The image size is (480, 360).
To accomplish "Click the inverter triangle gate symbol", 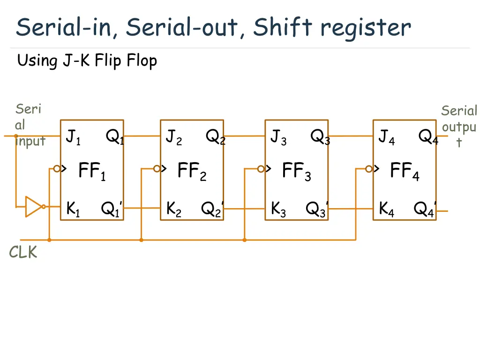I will coord(34,206).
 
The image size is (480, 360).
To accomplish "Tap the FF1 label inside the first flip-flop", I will coord(92,171).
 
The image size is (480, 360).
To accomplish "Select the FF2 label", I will coord(192,171).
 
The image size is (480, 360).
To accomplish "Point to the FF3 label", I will coord(296,171).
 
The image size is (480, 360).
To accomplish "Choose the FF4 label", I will coord(405,171).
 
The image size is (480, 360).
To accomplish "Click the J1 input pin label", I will coord(73,137).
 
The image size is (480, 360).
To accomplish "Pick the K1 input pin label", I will coord(73,209).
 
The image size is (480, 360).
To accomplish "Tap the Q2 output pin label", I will coord(215,137).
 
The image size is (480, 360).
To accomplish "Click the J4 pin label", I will coord(386,137).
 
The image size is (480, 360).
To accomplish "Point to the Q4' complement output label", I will coord(425,209).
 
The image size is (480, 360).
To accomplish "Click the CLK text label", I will coord(22,253).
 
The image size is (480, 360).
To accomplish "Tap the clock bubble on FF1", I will coord(57,169).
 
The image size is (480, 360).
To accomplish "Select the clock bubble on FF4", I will coord(369,169).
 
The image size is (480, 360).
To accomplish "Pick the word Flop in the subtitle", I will coord(142,61).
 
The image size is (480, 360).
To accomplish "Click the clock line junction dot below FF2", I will coord(141,240).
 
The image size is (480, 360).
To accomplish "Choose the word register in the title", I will coord(366,28).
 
